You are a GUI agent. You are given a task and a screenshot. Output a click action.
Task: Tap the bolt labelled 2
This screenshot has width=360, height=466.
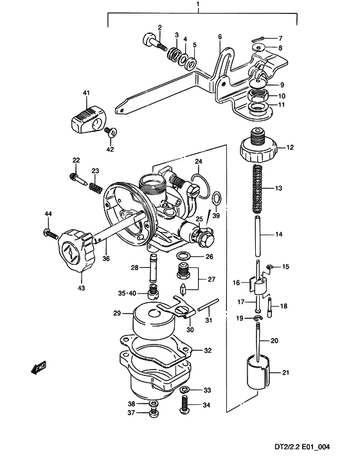click(154, 42)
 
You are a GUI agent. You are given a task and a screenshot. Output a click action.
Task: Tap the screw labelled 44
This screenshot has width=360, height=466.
click(48, 231)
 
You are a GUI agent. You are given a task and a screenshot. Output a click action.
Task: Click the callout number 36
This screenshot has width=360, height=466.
click(106, 259)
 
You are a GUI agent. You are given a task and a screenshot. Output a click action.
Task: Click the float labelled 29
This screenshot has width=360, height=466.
click(152, 323)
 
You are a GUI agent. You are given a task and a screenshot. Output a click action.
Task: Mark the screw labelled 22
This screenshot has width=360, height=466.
click(76, 174)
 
